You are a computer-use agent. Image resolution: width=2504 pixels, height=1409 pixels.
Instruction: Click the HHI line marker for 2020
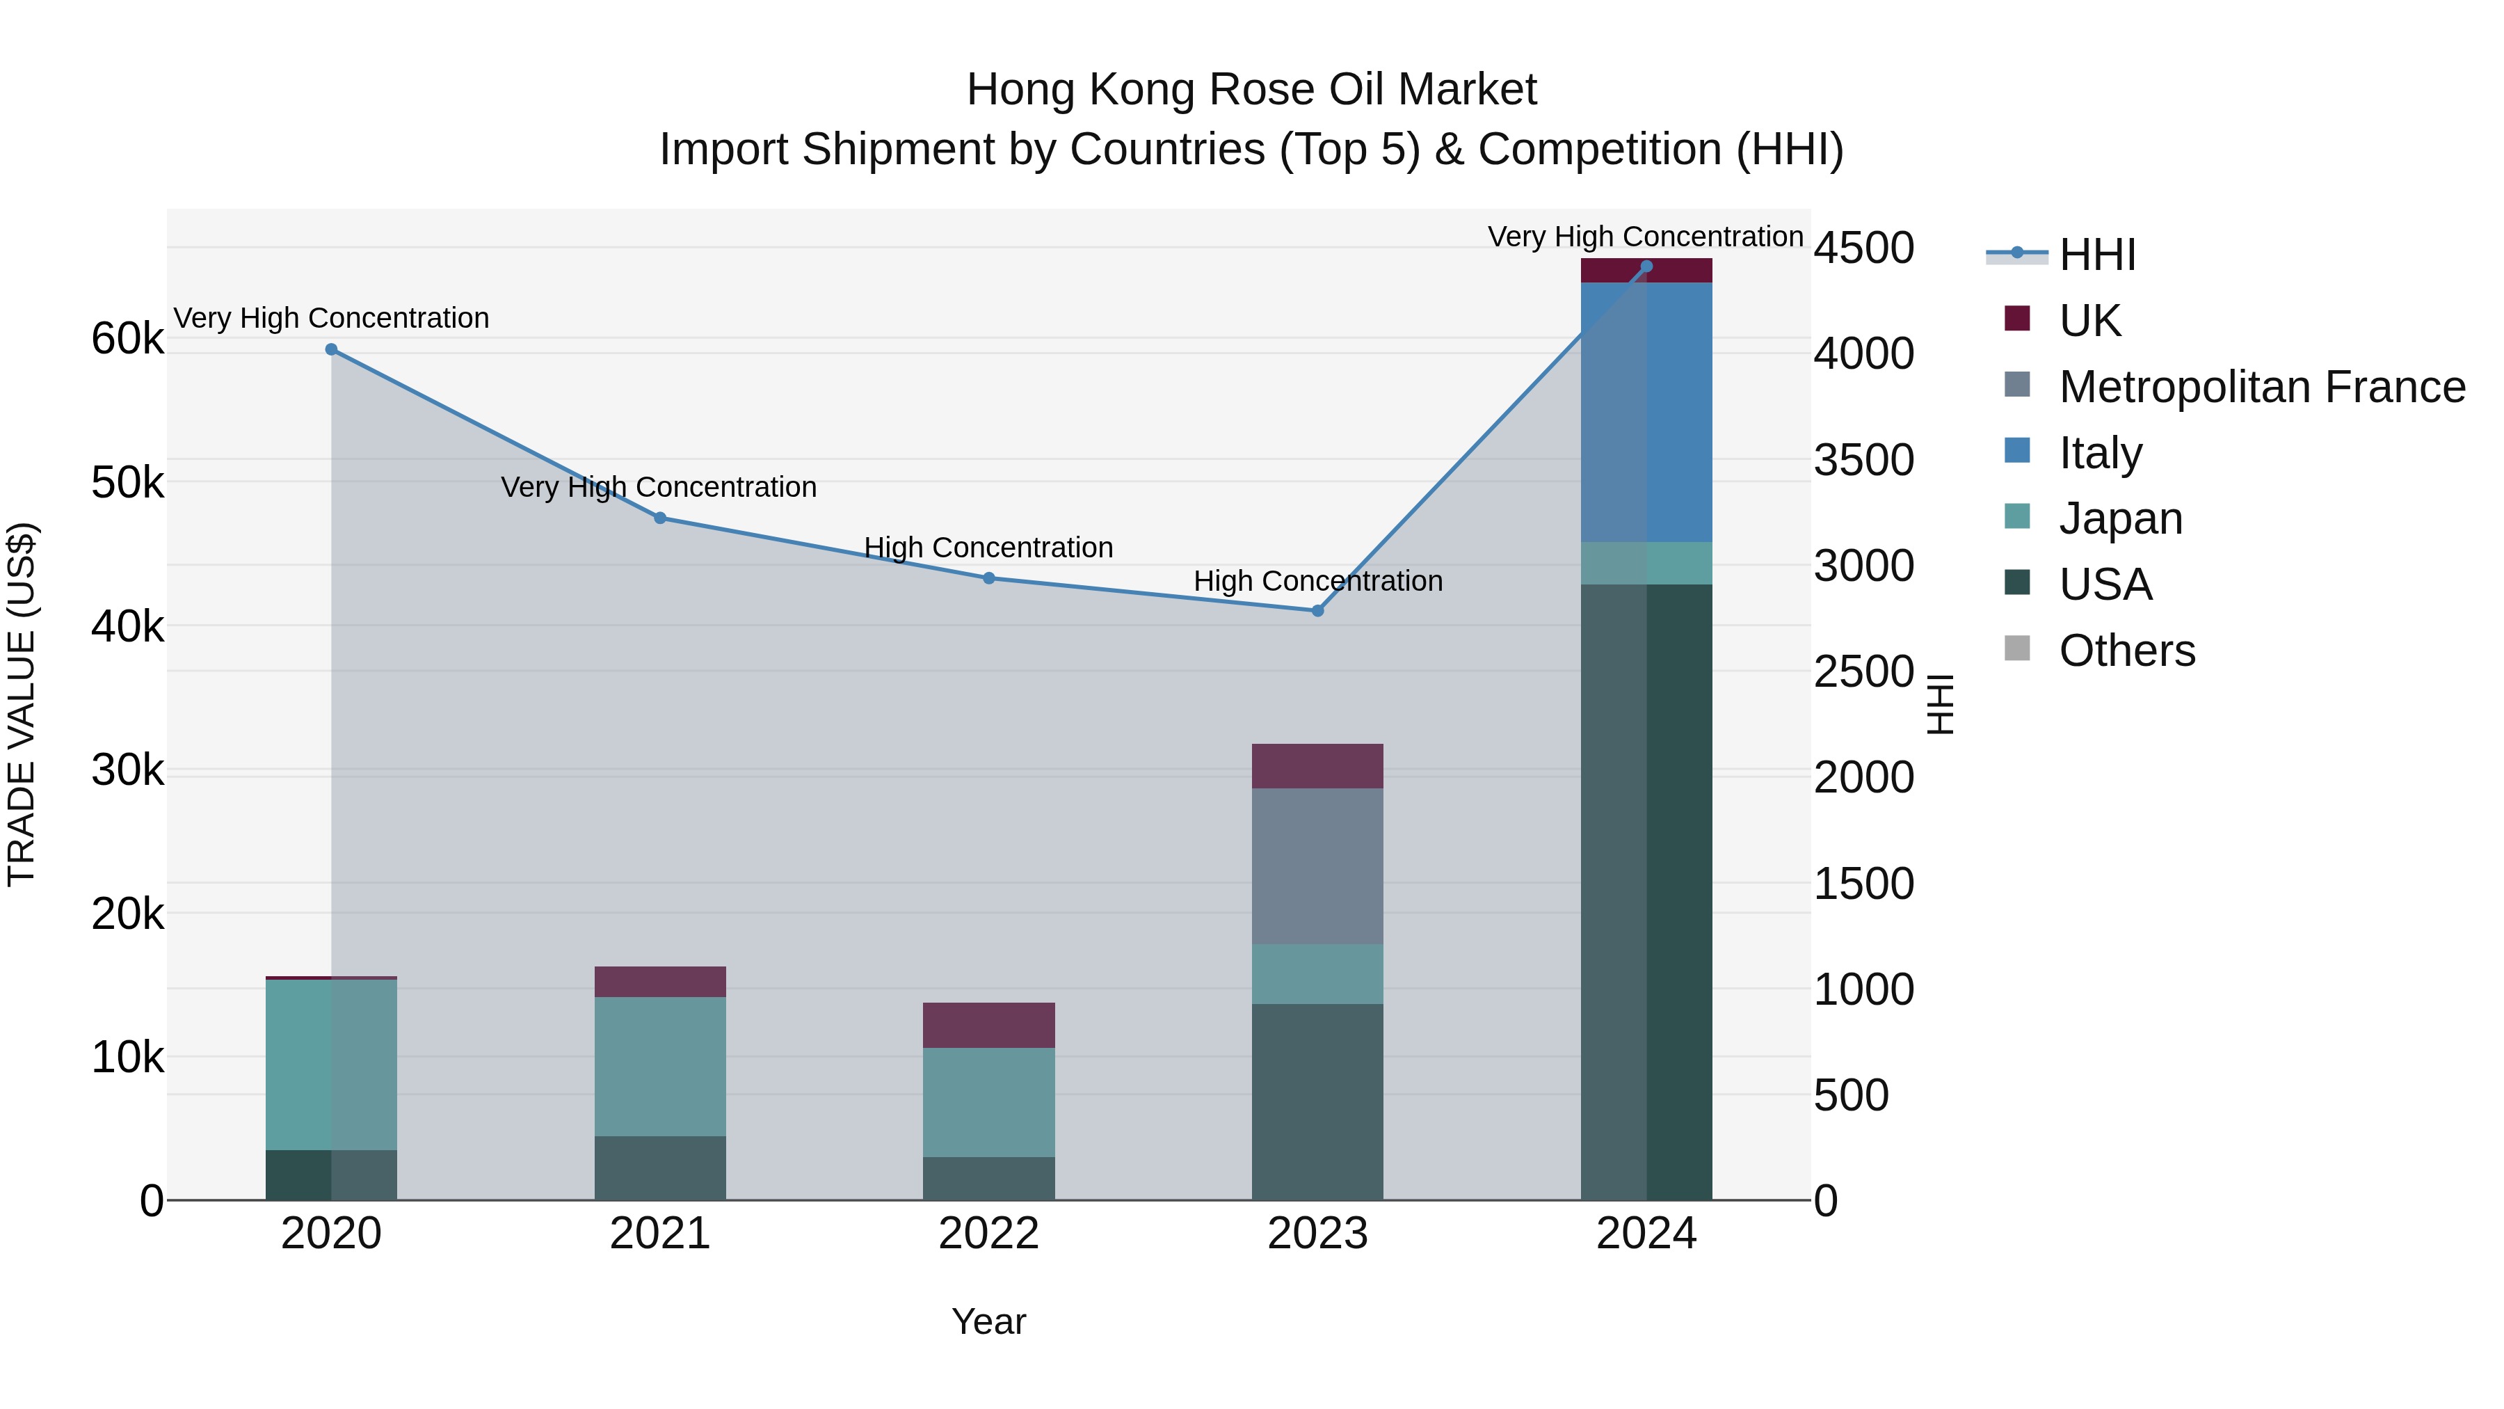(332, 349)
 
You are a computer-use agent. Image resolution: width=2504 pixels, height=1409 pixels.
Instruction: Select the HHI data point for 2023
(1317, 611)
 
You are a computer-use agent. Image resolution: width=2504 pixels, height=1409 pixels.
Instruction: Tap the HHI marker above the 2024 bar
(1646, 266)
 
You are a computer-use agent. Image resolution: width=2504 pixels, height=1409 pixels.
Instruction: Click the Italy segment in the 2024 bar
(1646, 413)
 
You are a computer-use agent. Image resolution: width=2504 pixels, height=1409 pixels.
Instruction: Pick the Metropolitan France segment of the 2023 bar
(1317, 866)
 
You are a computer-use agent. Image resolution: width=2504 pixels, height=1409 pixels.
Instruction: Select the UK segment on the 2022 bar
(988, 1025)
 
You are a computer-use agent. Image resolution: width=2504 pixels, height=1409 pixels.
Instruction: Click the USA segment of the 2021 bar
(660, 1168)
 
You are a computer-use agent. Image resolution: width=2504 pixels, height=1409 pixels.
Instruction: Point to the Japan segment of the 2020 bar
(332, 1065)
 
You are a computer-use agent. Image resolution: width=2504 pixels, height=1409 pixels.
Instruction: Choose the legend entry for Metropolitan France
(2261, 387)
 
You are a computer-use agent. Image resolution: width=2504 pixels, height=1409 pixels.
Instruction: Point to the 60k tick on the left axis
(127, 340)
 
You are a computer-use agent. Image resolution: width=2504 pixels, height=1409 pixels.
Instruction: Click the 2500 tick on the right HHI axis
(1863, 672)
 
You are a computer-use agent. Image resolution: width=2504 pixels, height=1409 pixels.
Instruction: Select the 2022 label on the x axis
(988, 1234)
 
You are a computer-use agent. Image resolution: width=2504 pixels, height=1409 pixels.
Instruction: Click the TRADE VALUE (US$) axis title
(22, 704)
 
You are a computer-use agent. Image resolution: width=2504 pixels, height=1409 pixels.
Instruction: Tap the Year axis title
(988, 1321)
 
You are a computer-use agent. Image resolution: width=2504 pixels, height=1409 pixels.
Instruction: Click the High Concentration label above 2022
(988, 548)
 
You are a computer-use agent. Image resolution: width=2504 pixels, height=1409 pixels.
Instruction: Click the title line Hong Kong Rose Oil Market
(1251, 90)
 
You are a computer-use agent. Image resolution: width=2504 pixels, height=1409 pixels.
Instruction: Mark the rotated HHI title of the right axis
(1939, 704)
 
